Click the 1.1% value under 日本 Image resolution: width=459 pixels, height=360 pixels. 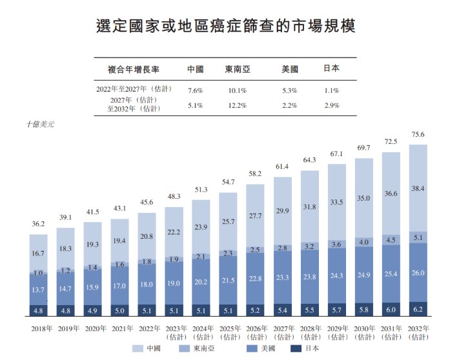coord(332,90)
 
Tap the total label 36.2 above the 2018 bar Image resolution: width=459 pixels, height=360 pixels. coord(38,225)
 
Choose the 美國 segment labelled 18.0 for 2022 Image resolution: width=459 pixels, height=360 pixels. coord(147,284)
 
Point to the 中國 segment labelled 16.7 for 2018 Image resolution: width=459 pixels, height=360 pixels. coord(38,254)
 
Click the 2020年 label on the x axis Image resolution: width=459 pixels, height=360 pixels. coord(93,328)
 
